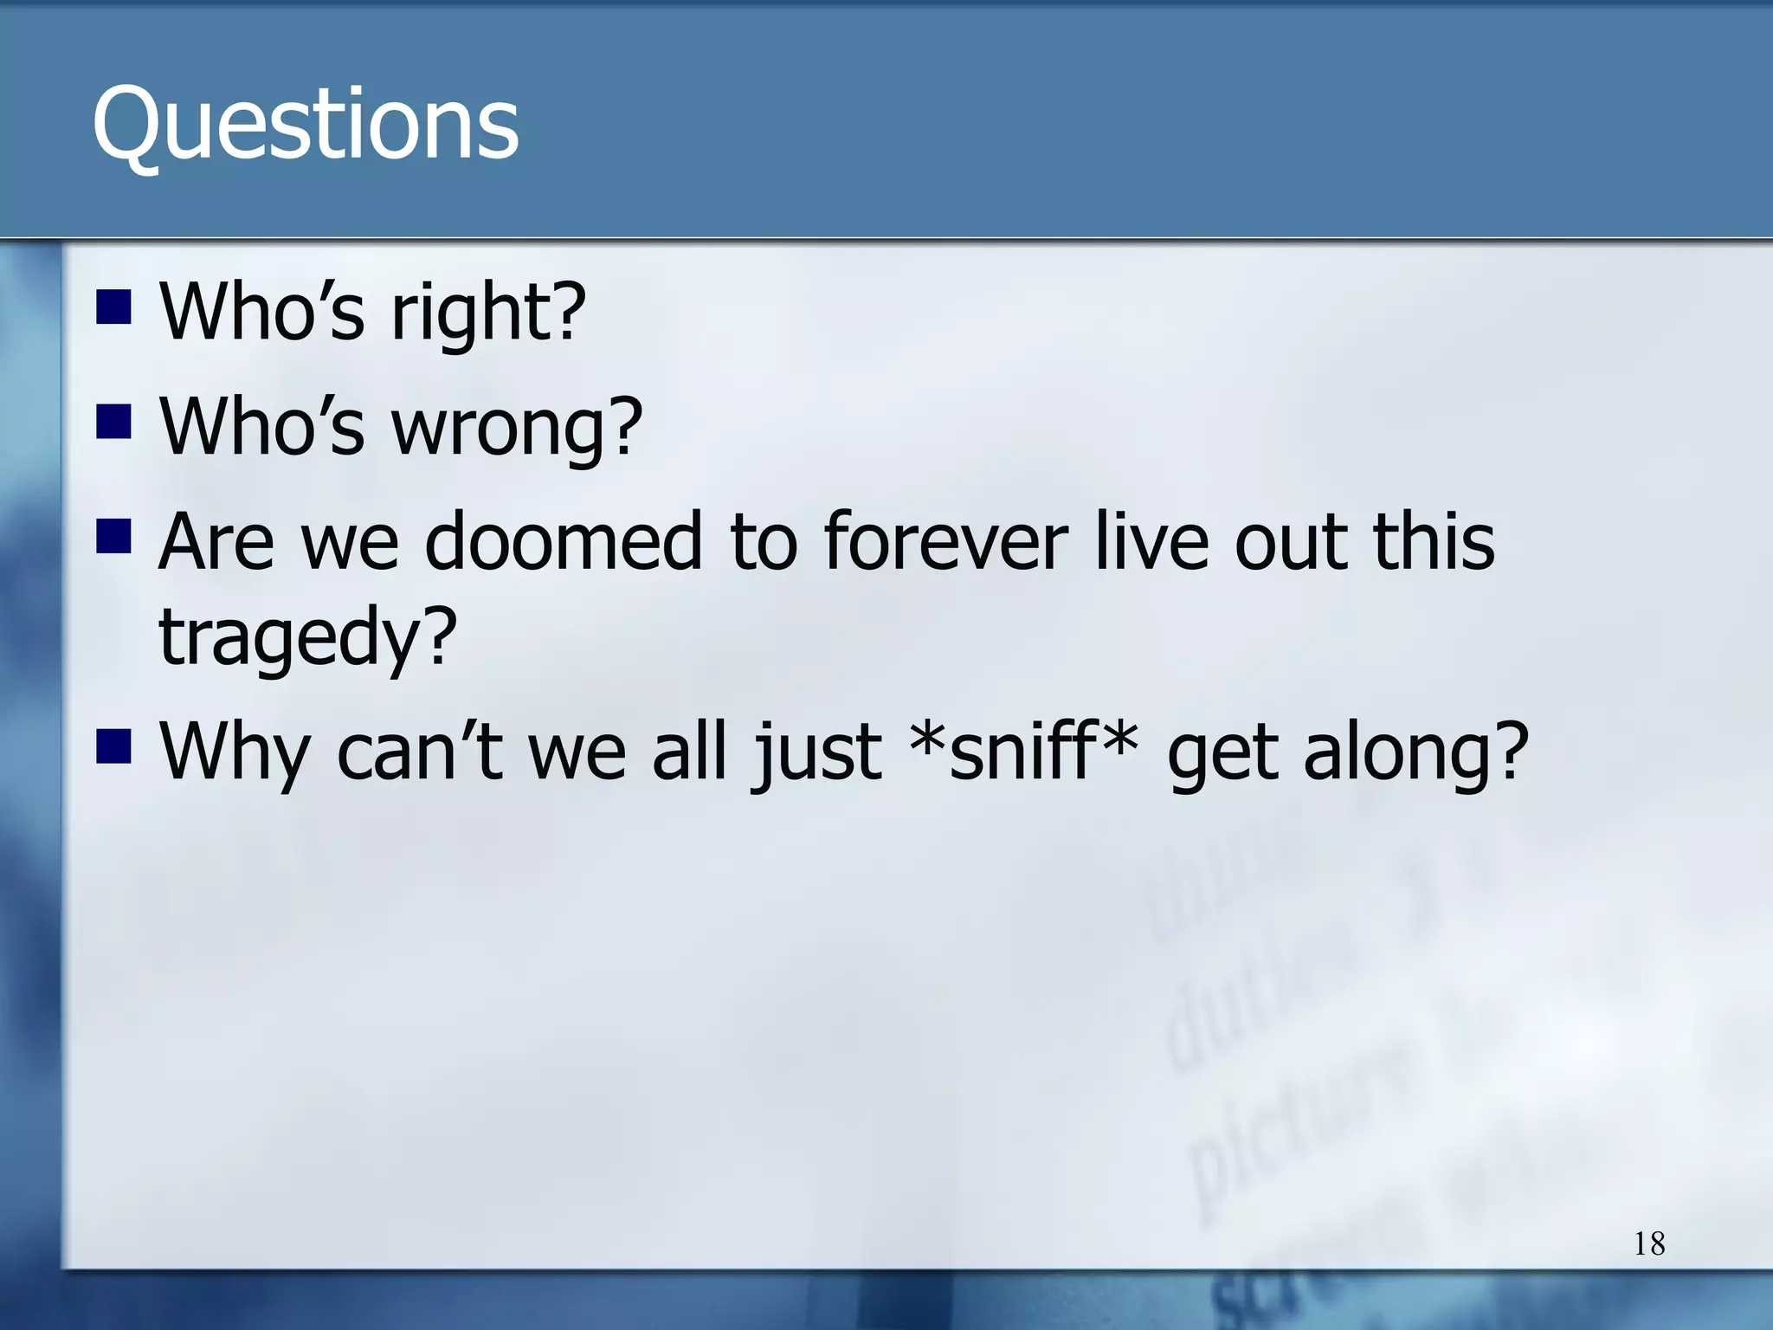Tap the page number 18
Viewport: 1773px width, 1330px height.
1649,1244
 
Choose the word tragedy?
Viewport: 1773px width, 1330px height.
307,639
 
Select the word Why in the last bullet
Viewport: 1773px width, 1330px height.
234,752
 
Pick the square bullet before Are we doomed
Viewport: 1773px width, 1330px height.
113,536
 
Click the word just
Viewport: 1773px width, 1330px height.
818,752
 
